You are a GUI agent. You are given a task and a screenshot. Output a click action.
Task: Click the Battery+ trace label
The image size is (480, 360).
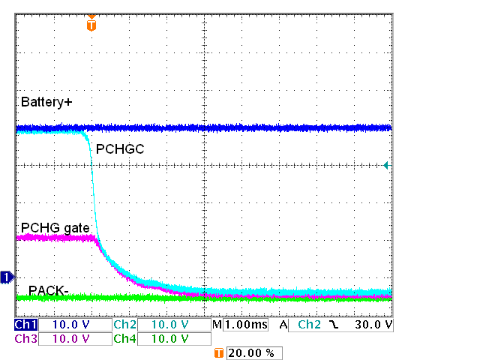click(x=46, y=101)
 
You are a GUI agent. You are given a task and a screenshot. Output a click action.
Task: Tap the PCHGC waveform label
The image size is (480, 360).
click(x=120, y=149)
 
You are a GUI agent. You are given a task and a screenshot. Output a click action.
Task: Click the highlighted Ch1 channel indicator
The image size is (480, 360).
click(x=25, y=325)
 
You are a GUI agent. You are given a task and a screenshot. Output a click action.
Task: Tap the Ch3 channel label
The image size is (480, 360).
click(x=25, y=339)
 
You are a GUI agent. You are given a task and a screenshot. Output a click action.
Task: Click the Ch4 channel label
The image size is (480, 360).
click(x=124, y=339)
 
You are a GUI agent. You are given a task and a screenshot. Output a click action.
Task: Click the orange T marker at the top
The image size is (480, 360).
click(x=91, y=25)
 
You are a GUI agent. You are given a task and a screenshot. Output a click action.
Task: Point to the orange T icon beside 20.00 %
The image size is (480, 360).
click(x=219, y=352)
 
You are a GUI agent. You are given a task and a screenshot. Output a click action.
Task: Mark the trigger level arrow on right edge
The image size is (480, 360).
click(x=387, y=165)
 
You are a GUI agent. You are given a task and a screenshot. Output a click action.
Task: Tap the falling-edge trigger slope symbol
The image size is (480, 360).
click(x=332, y=325)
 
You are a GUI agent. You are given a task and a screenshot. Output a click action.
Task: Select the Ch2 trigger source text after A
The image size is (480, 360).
click(x=309, y=325)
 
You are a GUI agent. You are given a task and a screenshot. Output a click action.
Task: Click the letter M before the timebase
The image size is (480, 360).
click(x=217, y=325)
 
